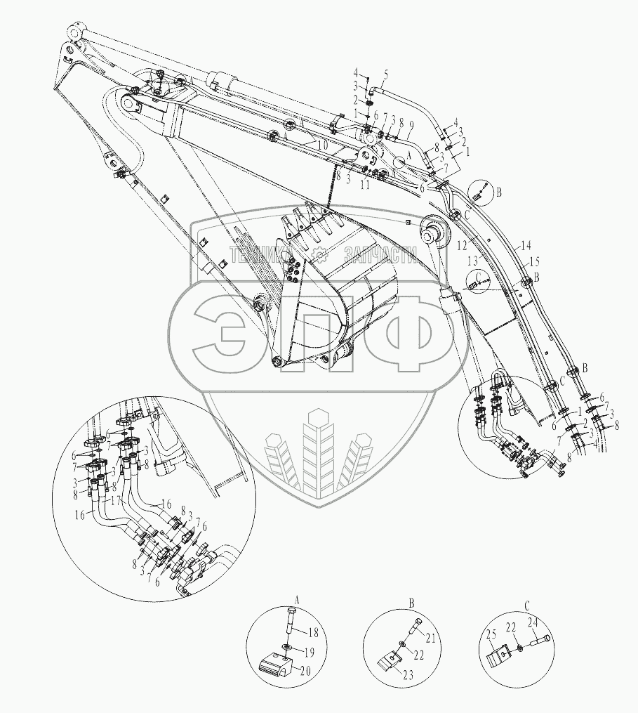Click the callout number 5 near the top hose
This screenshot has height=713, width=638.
pos(385,74)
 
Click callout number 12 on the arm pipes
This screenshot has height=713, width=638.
pos(462,246)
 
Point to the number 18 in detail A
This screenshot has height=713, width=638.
pos(314,633)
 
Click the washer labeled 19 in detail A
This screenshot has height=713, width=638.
pos(288,646)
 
